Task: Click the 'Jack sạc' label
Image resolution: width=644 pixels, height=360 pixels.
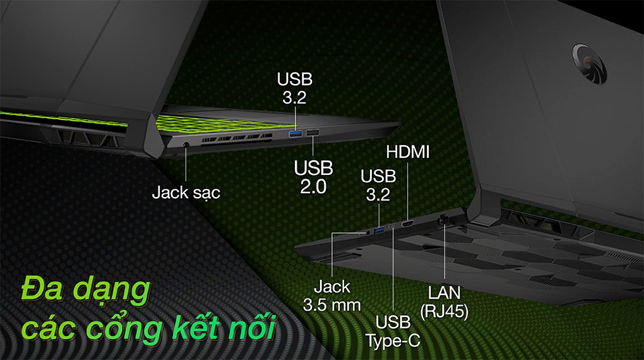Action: pyautogui.click(x=186, y=192)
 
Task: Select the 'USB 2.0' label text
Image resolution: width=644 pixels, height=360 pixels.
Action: pyautogui.click(x=313, y=177)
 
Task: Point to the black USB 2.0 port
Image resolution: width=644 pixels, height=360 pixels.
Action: pyautogui.click(x=313, y=133)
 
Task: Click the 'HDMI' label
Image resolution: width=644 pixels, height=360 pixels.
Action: pyautogui.click(x=407, y=152)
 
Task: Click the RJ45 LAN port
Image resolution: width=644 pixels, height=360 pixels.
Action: pyautogui.click(x=443, y=220)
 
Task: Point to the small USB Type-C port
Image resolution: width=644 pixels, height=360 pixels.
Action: pyautogui.click(x=393, y=227)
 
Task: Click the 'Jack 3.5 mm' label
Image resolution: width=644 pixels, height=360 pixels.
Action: pyautogui.click(x=331, y=296)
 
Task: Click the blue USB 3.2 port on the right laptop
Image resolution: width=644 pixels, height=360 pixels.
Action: pyautogui.click(x=379, y=230)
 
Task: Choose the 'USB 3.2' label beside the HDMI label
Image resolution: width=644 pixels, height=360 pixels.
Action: pyautogui.click(x=379, y=186)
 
